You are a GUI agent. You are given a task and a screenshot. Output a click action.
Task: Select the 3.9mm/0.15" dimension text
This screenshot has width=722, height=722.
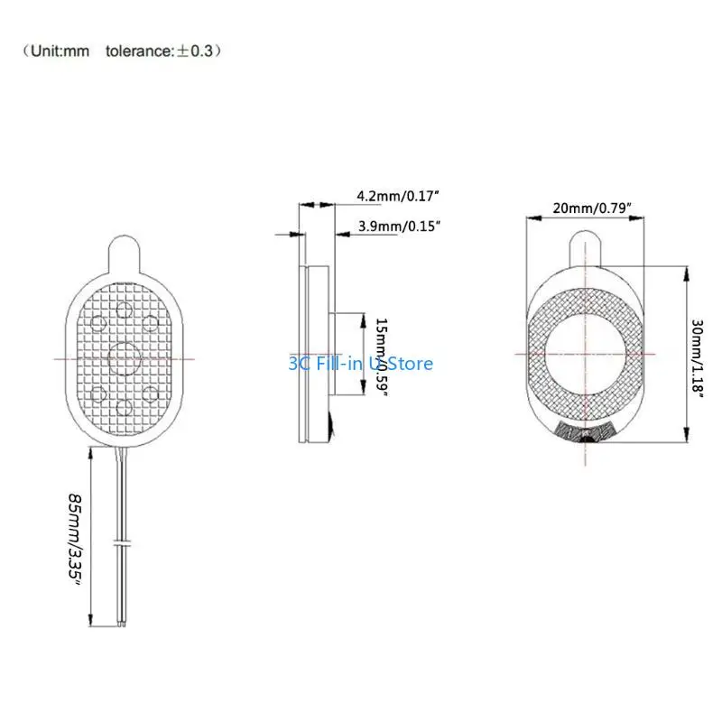click(x=399, y=226)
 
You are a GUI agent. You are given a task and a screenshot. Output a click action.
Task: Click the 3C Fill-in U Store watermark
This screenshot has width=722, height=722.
click(x=360, y=364)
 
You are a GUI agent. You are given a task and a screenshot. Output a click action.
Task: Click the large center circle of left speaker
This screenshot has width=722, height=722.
click(x=125, y=357)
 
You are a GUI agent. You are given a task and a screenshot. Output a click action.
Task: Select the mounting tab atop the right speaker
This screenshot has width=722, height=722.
click(x=587, y=245)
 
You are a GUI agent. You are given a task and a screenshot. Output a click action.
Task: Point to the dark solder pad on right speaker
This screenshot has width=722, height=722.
click(x=587, y=433)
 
